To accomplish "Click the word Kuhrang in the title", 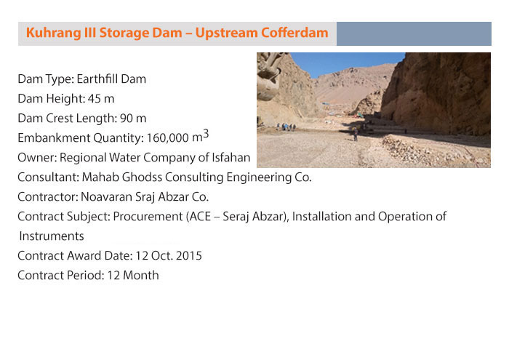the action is [53, 33].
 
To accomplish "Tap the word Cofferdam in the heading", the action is [294, 33].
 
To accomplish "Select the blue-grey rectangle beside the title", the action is [414, 33].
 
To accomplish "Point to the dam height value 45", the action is [94, 99].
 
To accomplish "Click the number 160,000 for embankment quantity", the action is [167, 138].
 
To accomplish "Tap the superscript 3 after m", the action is [206, 134].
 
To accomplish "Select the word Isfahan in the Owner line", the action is [231, 157].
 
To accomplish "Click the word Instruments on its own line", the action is [52, 236].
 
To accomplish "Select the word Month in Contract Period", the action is [141, 276].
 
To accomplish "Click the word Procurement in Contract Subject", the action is [148, 217].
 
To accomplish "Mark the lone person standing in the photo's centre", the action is [356, 134].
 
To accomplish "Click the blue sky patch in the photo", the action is [344, 63].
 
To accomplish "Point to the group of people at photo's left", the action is [286, 127].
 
